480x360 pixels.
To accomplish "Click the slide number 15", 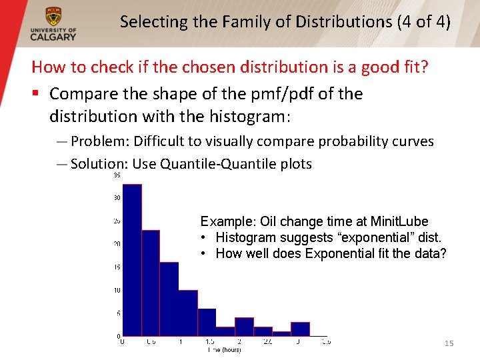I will (449, 343).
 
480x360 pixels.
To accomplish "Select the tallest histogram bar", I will (132, 260).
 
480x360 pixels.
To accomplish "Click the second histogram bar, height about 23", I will (151, 283).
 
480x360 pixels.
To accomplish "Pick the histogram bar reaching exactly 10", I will (188, 313).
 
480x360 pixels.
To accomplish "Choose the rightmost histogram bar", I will (301, 329).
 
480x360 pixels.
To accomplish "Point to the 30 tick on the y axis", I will (117, 197).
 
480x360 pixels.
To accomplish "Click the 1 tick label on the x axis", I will (180, 342).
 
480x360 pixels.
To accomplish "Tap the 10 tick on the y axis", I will (117, 290).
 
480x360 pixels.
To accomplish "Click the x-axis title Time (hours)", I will (224, 350).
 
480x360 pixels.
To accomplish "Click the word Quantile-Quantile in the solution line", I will (211, 164).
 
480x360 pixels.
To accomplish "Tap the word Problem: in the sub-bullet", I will (100, 141).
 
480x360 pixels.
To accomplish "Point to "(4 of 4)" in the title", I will (423, 21).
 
